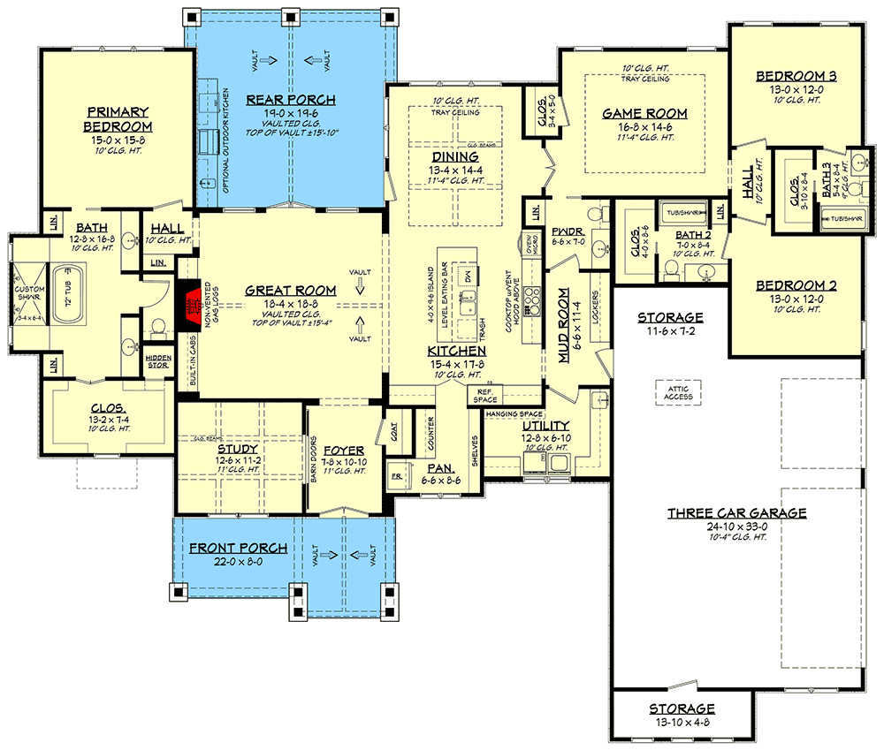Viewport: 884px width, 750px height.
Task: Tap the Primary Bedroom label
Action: pyautogui.click(x=118, y=119)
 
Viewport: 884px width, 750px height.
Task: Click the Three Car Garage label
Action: pyautogui.click(x=736, y=512)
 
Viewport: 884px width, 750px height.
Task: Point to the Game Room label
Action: pyautogui.click(x=644, y=113)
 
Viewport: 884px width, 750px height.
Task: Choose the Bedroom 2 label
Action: pyautogui.click(x=796, y=286)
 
